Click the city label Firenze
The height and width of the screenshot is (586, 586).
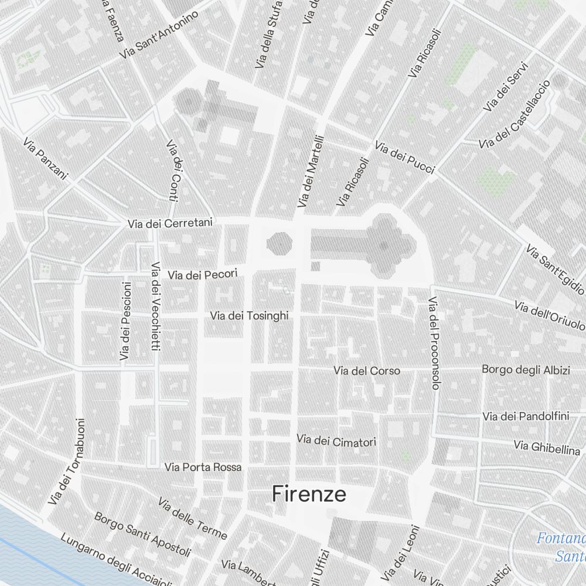click(309, 495)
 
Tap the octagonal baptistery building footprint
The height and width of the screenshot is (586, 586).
click(280, 243)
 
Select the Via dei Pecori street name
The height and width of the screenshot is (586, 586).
click(203, 274)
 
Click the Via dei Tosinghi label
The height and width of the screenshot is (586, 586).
click(250, 316)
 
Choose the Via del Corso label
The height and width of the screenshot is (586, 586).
click(367, 371)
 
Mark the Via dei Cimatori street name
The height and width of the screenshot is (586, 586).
click(336, 441)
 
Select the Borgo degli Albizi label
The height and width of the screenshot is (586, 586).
click(526, 370)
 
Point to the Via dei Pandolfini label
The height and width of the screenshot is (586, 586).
click(526, 417)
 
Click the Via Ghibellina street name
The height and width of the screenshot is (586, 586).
click(547, 447)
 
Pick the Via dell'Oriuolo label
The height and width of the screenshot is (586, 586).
click(550, 315)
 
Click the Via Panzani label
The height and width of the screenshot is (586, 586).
click(46, 159)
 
